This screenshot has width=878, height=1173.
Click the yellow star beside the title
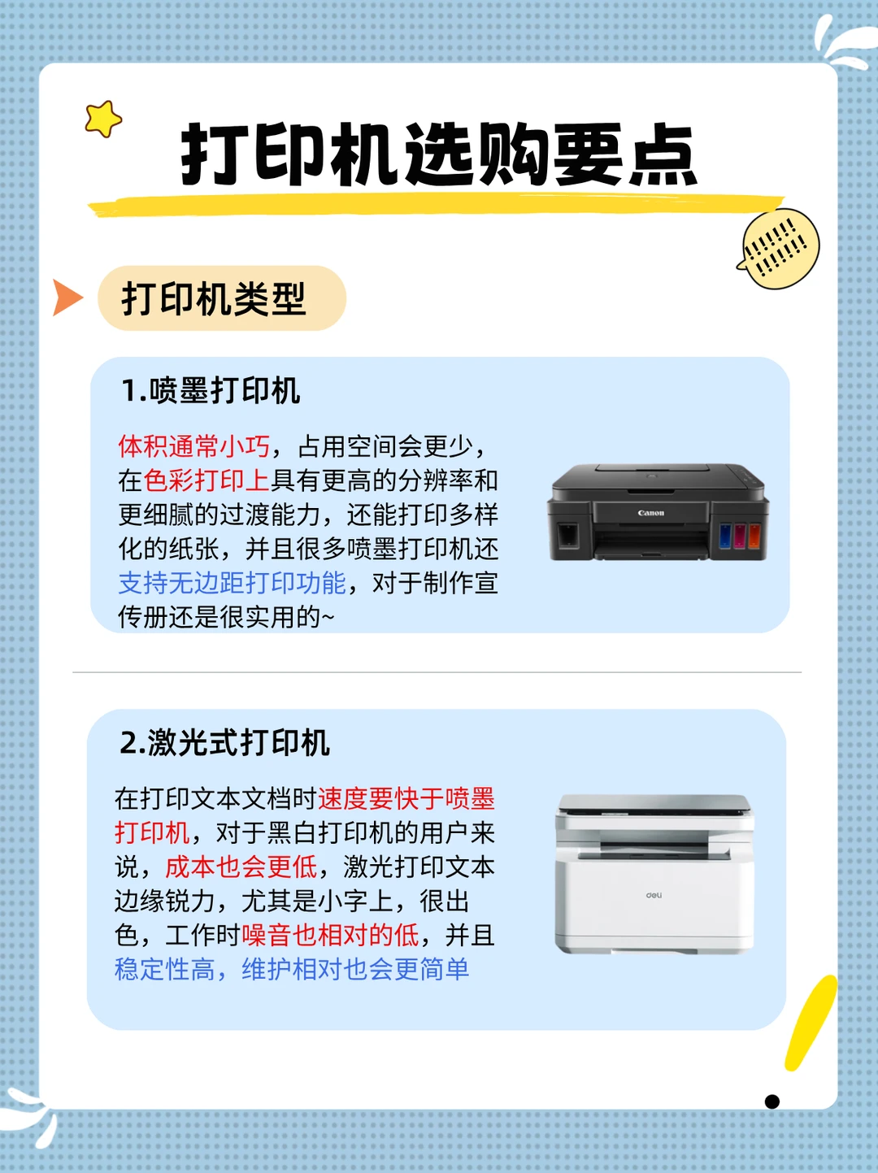(103, 119)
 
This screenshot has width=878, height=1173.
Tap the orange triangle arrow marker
(67, 298)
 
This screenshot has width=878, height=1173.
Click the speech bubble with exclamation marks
(779, 249)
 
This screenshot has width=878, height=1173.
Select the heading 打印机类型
(214, 298)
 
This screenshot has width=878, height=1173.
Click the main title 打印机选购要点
(439, 154)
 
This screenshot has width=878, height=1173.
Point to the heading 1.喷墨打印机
(211, 391)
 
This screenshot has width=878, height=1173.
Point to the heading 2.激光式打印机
(224, 742)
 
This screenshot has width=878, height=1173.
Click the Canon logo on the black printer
(651, 513)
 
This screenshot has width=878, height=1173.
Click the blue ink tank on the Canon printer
(725, 536)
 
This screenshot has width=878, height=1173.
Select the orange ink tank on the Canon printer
(754, 536)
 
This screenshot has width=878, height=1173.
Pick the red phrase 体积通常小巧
(194, 446)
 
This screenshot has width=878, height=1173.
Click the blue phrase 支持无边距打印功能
(232, 583)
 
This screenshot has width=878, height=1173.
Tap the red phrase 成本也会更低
(241, 867)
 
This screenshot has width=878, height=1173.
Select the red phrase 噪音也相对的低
(331, 935)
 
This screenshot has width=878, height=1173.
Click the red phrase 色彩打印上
(206, 480)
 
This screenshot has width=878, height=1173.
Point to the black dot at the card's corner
(772, 1101)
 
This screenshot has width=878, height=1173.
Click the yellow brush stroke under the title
(436, 206)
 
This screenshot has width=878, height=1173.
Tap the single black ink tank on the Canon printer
(568, 534)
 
